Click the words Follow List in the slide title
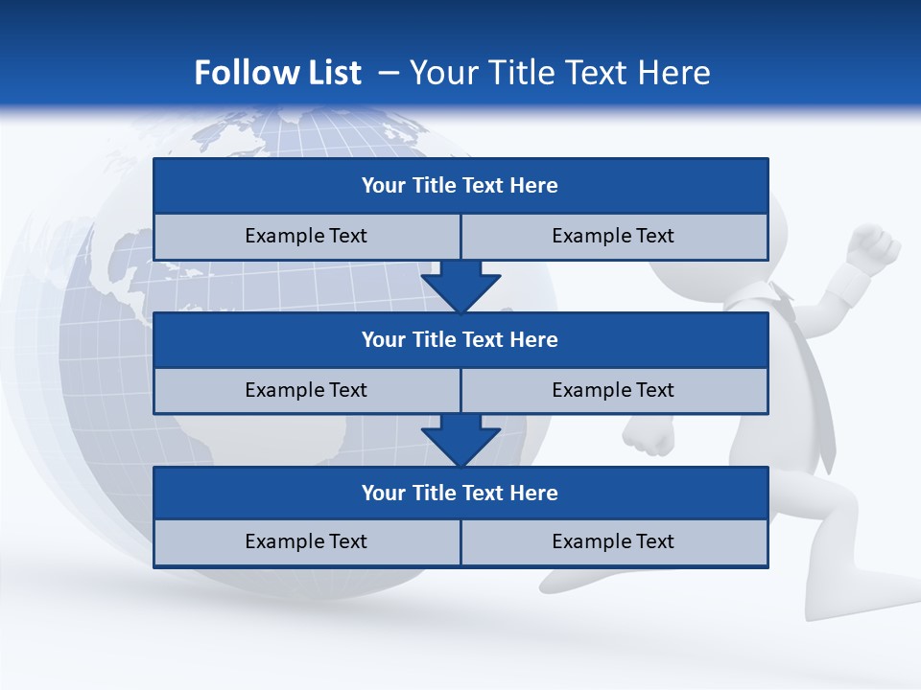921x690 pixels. pyautogui.click(x=277, y=73)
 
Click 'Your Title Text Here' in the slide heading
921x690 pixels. pyautogui.click(x=559, y=73)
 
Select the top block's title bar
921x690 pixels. pyautogui.click(x=460, y=186)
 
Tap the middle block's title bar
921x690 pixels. pyautogui.click(x=460, y=340)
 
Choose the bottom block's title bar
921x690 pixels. pyautogui.click(x=460, y=494)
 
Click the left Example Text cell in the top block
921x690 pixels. pyautogui.click(x=306, y=237)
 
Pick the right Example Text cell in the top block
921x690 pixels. pyautogui.click(x=614, y=237)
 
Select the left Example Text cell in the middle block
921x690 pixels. pyautogui.click(x=306, y=391)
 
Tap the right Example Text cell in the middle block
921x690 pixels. pyautogui.click(x=614, y=391)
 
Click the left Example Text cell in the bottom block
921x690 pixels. pyautogui.click(x=306, y=542)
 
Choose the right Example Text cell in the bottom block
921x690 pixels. pyautogui.click(x=614, y=542)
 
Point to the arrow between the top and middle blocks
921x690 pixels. pyautogui.click(x=460, y=287)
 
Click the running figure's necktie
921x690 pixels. pyautogui.click(x=811, y=383)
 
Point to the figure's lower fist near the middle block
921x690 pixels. pyautogui.click(x=649, y=436)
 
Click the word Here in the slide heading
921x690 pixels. pyautogui.click(x=676, y=73)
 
